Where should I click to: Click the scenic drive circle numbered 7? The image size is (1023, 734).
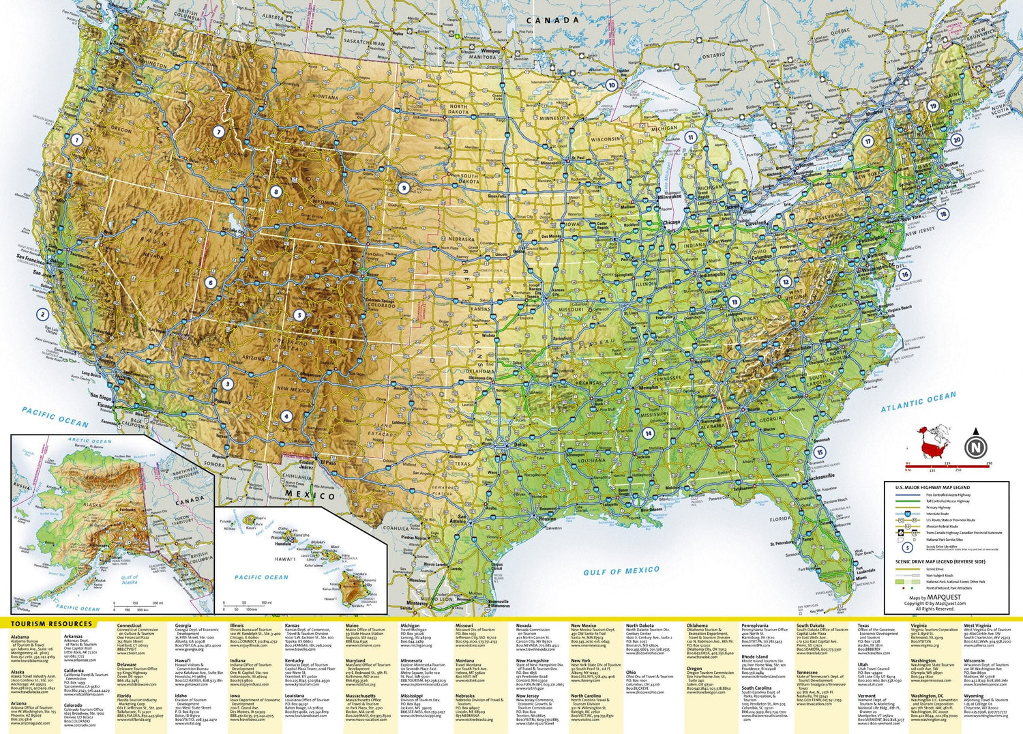point(218,132)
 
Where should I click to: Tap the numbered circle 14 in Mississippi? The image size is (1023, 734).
point(648,433)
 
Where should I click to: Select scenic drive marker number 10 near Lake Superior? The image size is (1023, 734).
point(612,85)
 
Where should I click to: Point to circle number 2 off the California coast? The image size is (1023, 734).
point(43,314)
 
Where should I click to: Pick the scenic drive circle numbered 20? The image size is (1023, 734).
point(957,140)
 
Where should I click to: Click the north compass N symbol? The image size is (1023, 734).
point(976,447)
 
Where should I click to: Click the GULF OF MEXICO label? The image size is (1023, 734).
point(621,571)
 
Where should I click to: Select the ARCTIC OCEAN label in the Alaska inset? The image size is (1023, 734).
point(90,441)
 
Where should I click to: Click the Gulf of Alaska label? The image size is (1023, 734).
point(129,580)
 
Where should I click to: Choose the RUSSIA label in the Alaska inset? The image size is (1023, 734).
point(22,486)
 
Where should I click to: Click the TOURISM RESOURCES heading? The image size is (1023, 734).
point(51,623)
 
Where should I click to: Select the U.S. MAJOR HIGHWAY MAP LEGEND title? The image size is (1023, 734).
point(932,488)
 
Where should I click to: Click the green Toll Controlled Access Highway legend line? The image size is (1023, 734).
point(908,501)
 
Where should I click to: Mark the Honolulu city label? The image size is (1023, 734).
point(282,544)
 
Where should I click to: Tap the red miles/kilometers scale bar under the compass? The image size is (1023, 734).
point(947,465)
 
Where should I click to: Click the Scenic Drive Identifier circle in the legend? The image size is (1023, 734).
point(907,546)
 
